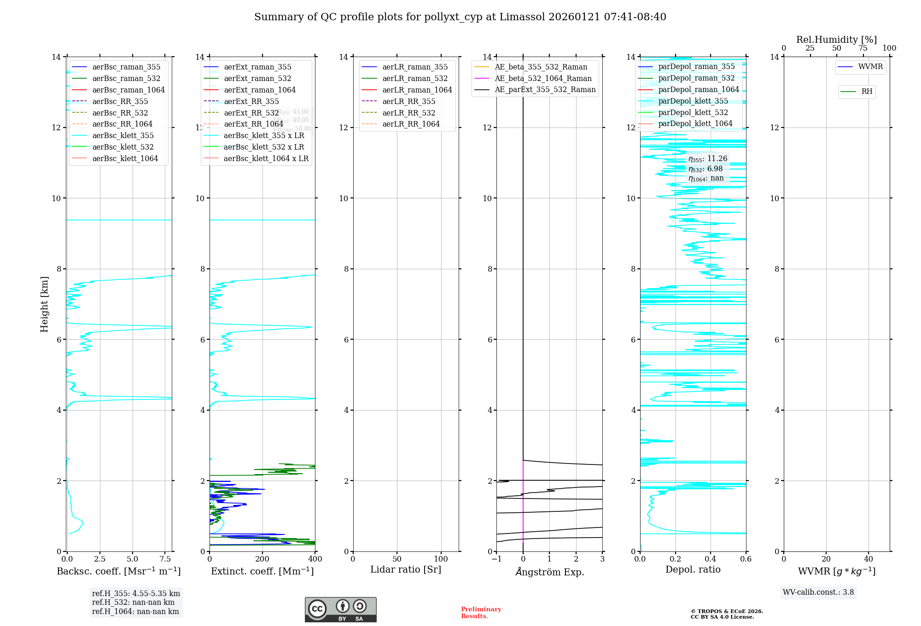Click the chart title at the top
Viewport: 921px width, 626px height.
tap(460, 17)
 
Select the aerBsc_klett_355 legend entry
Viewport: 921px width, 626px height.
tap(122, 136)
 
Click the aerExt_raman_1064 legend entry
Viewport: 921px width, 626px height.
tap(260, 90)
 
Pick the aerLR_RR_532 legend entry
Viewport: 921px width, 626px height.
tap(408, 113)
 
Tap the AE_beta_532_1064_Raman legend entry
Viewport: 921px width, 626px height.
tap(543, 79)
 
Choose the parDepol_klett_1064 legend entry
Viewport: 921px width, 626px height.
tap(695, 124)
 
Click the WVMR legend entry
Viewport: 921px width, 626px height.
tap(870, 67)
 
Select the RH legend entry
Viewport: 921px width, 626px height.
tap(867, 92)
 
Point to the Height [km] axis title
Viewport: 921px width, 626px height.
tap(44, 304)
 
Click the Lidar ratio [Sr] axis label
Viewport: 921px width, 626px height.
tap(406, 570)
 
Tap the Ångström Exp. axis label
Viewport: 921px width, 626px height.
tap(549, 572)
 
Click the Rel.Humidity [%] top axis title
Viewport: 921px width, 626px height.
tap(836, 40)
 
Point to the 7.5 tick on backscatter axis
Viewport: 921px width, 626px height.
tap(165, 559)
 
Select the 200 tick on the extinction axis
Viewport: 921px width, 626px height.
tap(262, 559)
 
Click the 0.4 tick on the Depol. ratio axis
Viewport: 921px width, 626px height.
tap(711, 559)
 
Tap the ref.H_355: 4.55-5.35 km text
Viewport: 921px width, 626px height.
tap(136, 594)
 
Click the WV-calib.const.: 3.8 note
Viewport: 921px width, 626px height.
tap(818, 592)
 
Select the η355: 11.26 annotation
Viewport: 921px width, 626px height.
tap(708, 159)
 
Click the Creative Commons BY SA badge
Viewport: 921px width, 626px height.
tap(340, 610)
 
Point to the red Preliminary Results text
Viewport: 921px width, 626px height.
tap(481, 613)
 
